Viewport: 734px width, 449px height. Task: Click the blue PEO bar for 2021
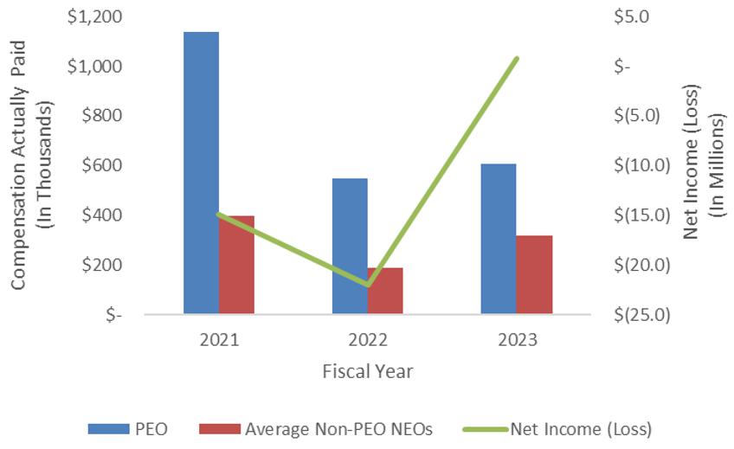pyautogui.click(x=201, y=173)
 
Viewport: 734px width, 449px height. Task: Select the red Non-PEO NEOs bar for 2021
pyautogui.click(x=236, y=265)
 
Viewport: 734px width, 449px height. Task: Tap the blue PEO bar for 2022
pyautogui.click(x=350, y=246)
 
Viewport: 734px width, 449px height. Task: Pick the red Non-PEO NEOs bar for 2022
pyautogui.click(x=385, y=291)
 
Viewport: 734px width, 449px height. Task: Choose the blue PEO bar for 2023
pyautogui.click(x=499, y=239)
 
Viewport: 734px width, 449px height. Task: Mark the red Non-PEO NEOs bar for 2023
pyautogui.click(x=534, y=274)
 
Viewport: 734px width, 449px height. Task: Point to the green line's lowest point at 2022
pyautogui.click(x=368, y=285)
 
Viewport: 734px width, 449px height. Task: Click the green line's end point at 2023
pyautogui.click(x=517, y=59)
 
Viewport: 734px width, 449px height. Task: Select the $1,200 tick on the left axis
pyautogui.click(x=96, y=17)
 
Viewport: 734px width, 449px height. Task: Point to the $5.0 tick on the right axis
pyautogui.click(x=631, y=17)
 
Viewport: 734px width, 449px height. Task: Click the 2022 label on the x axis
pyautogui.click(x=368, y=339)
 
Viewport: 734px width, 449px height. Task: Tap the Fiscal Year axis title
pyautogui.click(x=368, y=371)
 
